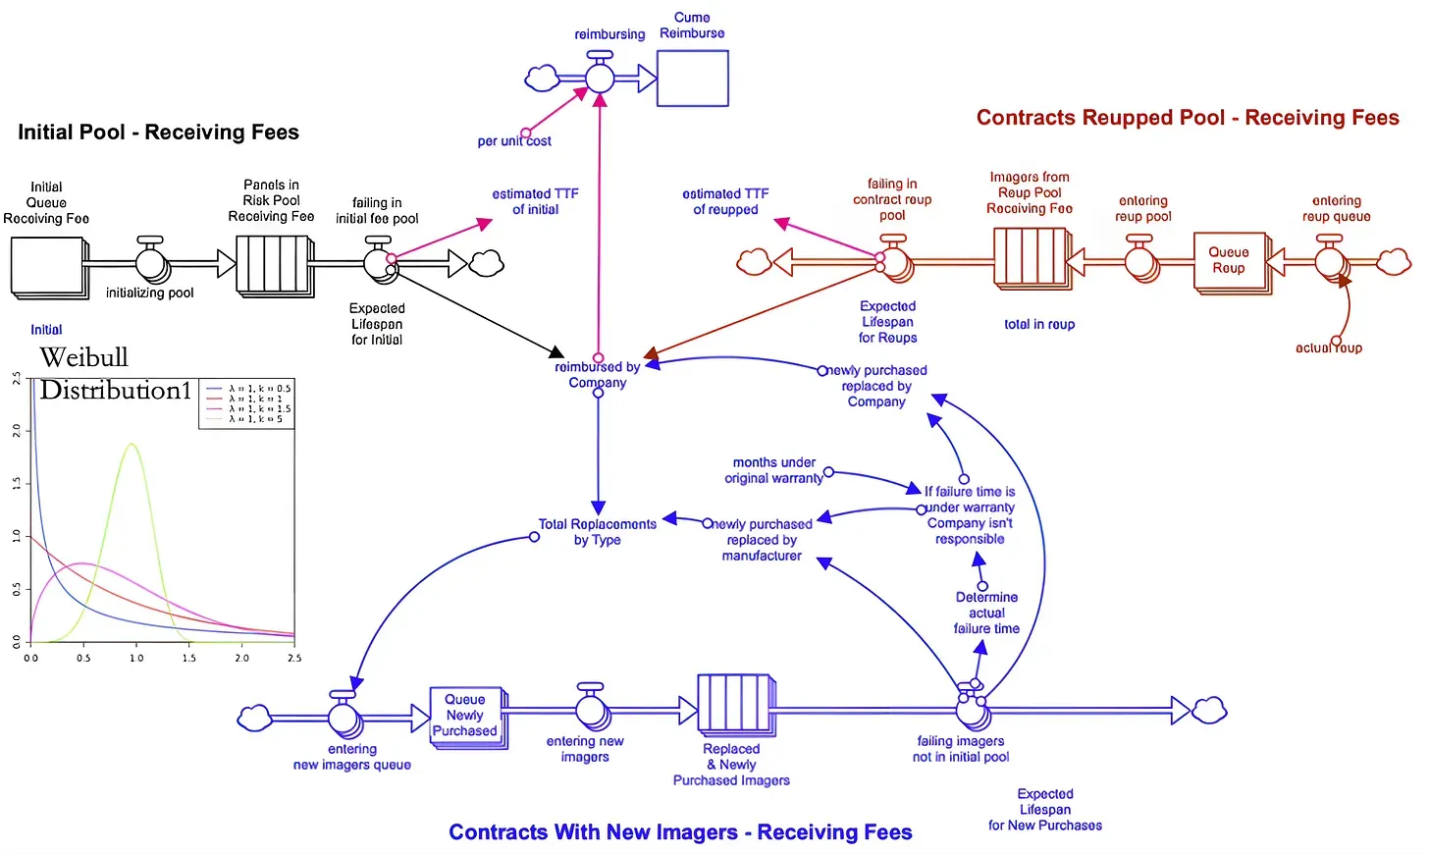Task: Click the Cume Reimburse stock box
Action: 693,78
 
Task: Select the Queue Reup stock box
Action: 1229,260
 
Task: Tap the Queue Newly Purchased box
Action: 466,716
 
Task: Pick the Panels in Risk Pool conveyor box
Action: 272,264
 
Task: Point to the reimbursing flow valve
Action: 600,77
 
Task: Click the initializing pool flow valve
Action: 150,262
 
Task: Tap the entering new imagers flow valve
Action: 591,709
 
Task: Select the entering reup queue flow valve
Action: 1330,261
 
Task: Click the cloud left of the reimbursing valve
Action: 542,78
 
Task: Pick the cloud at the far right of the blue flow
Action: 1209,709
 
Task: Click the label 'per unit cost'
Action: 514,141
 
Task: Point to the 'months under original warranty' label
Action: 773,470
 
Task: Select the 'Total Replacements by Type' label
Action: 597,532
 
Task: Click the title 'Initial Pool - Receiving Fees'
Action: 158,133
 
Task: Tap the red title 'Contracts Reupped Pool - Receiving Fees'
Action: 1188,118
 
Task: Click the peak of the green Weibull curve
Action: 132,445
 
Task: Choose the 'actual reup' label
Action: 1328,347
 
